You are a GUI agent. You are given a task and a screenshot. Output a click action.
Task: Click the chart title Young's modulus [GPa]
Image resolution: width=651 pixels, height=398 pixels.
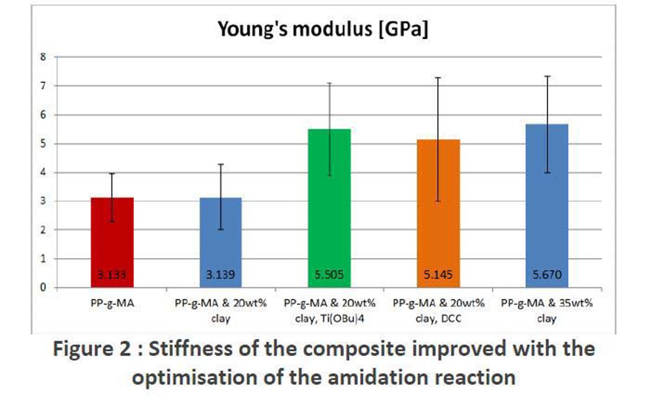coord(323,29)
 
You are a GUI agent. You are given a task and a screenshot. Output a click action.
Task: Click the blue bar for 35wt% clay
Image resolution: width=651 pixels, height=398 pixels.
coord(546,206)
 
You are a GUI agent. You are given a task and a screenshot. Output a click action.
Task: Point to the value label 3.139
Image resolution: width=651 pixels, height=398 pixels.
coord(221,275)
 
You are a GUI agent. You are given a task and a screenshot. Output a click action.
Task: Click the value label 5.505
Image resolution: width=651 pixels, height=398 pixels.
coord(329,275)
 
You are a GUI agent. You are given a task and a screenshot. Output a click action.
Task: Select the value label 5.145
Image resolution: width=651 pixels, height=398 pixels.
coord(438,275)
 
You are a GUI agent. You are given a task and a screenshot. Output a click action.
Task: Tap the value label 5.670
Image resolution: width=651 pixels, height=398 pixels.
coord(546,275)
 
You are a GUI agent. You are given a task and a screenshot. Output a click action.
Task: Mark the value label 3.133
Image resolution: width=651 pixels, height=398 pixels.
coord(112,275)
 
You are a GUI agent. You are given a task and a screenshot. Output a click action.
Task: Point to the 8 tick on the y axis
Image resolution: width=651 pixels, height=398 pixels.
coord(43,57)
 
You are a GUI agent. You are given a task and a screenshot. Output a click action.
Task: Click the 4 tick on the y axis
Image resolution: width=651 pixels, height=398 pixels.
coord(43,172)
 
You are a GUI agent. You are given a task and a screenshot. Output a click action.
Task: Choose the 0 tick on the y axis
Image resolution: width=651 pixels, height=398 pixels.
coord(43,288)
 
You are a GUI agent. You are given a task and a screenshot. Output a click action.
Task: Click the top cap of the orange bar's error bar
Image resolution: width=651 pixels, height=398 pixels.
coord(438,78)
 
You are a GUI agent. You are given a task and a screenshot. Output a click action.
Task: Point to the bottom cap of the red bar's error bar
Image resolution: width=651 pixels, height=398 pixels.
coord(112,221)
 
